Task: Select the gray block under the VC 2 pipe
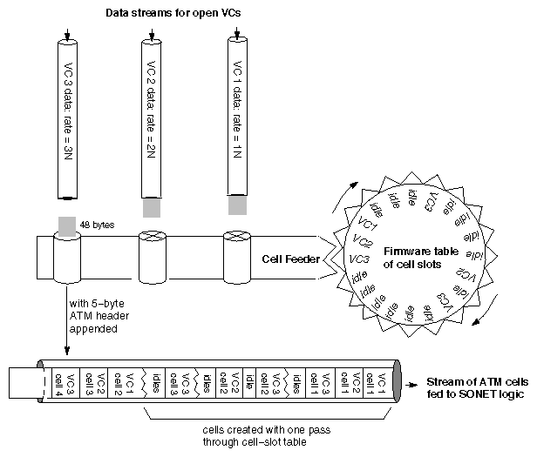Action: click(152, 208)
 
